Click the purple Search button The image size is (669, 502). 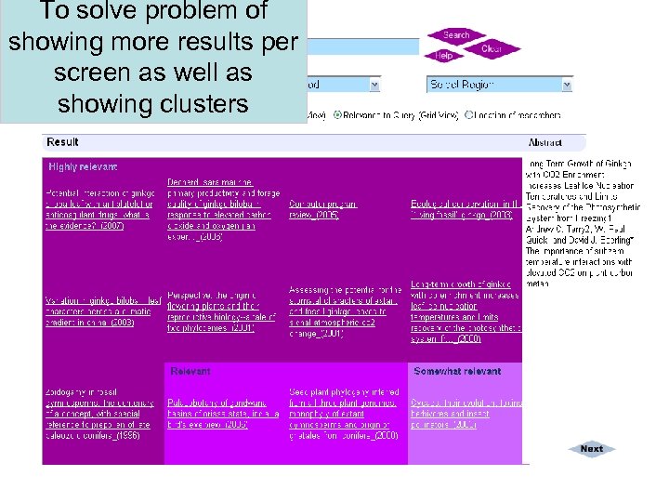pos(455,35)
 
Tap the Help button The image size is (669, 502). pos(444,56)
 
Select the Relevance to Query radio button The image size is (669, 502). pos(337,115)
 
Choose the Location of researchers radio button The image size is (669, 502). pos(469,115)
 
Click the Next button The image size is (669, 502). pos(591,449)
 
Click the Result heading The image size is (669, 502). pos(63,142)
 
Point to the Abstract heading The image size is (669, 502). pos(545,143)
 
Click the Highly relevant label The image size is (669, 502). pos(84,166)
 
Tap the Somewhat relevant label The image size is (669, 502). pos(457,371)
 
